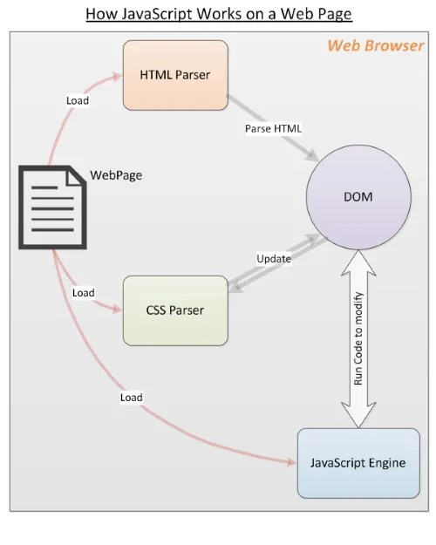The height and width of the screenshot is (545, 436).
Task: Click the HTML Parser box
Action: point(175,74)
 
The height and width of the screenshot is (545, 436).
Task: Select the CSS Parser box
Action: point(175,310)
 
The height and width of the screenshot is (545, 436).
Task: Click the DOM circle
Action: point(358,197)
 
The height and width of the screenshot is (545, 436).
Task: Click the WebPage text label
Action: point(116,174)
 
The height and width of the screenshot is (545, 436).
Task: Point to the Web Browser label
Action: point(376,45)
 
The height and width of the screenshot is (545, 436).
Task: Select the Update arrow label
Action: point(274,258)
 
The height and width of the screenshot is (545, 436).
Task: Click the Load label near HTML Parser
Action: point(78,99)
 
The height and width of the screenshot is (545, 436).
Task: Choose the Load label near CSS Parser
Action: point(83,292)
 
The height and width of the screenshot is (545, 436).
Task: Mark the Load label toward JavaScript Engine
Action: point(131,397)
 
